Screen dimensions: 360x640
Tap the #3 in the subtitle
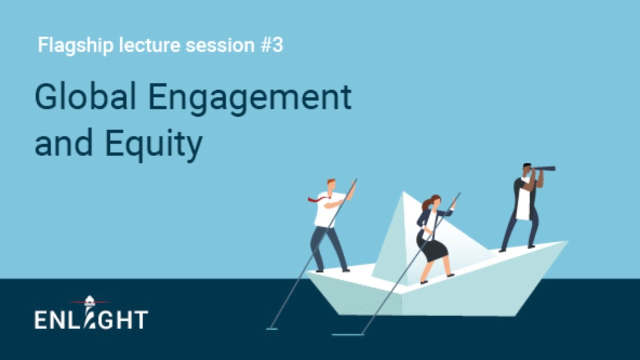271,45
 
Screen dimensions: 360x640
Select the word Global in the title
85,97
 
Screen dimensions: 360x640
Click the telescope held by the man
544,168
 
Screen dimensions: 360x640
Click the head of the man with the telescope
526,168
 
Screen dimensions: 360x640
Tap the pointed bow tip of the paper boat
566,242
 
